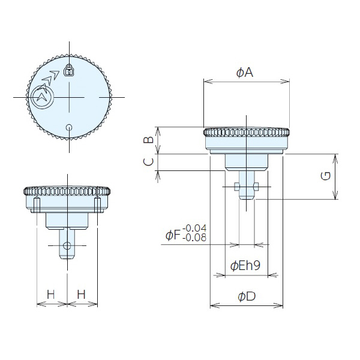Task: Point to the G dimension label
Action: click(324, 176)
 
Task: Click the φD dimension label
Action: click(247, 296)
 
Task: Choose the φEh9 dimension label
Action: click(245, 266)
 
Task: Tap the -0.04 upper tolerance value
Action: click(194, 229)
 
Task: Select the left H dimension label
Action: click(51, 294)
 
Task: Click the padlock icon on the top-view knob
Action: click(68, 71)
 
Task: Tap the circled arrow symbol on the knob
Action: click(43, 95)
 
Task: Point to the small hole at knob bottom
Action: click(69, 127)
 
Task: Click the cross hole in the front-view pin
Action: click(67, 245)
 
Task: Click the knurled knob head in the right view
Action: click(247, 133)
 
